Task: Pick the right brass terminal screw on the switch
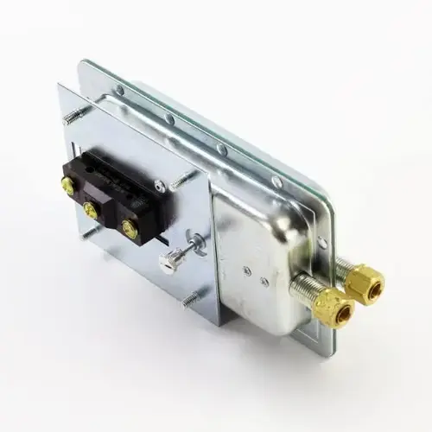click(130, 228)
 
